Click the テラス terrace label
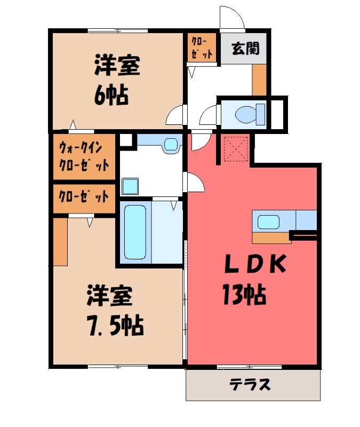click(250, 384)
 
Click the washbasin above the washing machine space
click(171, 144)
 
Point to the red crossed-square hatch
click(235, 148)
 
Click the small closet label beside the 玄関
click(202, 48)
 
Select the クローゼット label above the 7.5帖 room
click(84, 196)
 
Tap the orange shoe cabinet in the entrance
click(259, 80)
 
